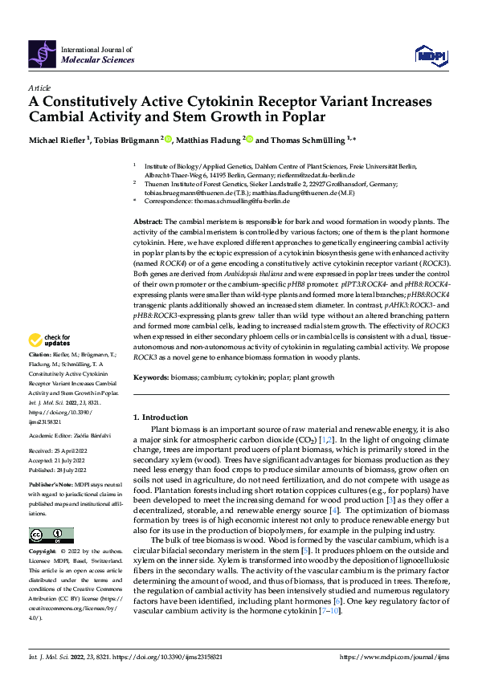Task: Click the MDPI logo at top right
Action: point(430,53)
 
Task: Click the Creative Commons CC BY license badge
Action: point(51,536)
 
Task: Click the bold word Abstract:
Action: point(148,220)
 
